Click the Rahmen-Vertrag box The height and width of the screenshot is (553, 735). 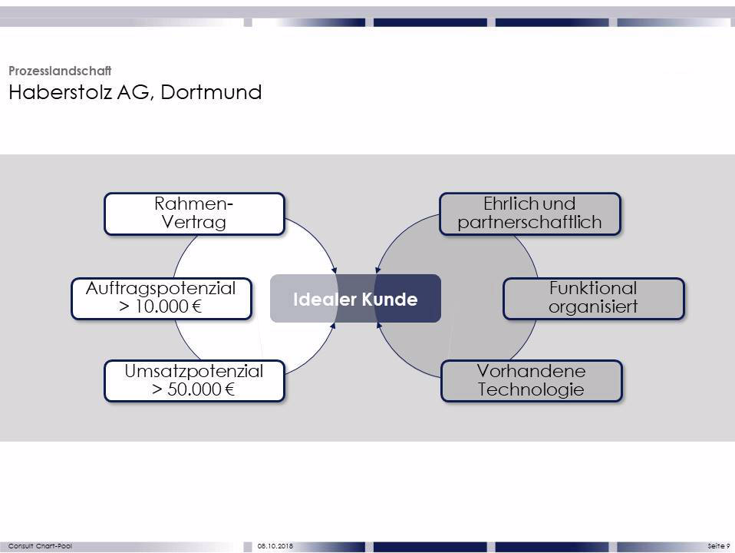(x=194, y=214)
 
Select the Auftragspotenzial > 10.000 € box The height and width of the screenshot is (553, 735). (x=161, y=298)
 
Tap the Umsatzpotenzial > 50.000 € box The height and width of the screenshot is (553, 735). (x=194, y=380)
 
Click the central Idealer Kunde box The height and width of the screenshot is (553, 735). (x=355, y=299)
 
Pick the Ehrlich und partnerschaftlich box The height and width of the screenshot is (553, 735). (x=529, y=214)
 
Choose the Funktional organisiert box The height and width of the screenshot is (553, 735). (x=593, y=298)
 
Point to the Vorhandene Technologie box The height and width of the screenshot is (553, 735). (x=531, y=380)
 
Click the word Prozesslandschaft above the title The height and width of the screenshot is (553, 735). (x=60, y=71)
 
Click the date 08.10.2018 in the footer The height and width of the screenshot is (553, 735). (x=275, y=546)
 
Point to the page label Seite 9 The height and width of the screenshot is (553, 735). (x=718, y=546)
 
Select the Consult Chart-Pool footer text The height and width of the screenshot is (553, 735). (x=40, y=546)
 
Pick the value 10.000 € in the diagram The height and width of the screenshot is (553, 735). (x=169, y=307)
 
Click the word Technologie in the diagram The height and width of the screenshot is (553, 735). (x=531, y=389)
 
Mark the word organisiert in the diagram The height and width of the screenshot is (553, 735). (x=593, y=307)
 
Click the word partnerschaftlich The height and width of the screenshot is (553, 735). (x=529, y=223)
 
